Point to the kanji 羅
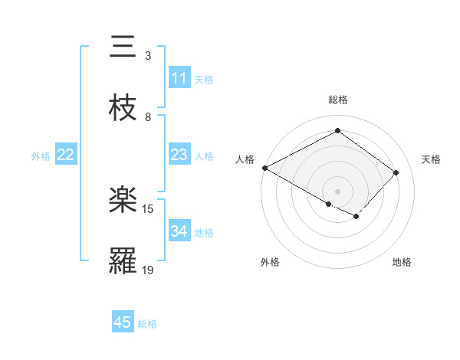124,261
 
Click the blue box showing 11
179,78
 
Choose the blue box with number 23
179,155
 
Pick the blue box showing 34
179,231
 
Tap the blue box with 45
123,322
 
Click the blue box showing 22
66,155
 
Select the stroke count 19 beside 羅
148,270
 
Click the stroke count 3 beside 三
148,55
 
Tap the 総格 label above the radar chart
337,100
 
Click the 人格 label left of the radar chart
245,159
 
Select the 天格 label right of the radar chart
431,159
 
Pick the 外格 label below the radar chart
270,262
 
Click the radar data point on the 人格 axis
264,167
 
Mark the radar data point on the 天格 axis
396,172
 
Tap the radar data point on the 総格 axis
337,131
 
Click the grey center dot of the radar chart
337,191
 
